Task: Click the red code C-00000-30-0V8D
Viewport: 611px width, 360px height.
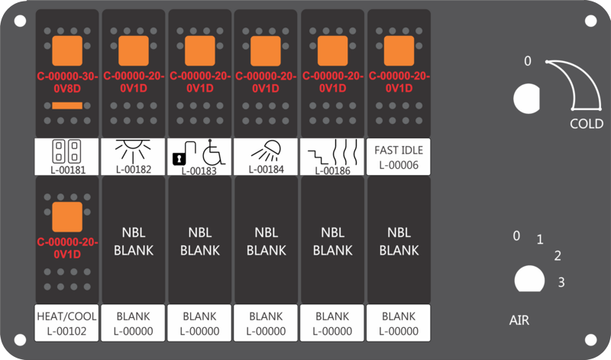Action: coord(67,83)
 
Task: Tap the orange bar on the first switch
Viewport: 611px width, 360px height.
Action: coord(67,105)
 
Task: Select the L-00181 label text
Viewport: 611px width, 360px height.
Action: coord(68,170)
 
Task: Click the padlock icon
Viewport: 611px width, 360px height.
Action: coord(179,158)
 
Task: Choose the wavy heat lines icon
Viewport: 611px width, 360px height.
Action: coord(344,152)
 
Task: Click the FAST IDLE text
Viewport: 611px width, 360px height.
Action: coord(399,150)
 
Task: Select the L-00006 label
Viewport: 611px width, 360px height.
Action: coord(399,165)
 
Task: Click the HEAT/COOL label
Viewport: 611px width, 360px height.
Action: coord(66,316)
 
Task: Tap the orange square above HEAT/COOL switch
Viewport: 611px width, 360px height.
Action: coord(67,217)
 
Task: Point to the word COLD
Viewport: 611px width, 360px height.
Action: coord(587,124)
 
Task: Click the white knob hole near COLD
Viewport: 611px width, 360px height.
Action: coord(527,99)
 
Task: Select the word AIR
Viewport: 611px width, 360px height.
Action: coord(519,320)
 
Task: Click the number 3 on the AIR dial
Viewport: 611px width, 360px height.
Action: coord(561,282)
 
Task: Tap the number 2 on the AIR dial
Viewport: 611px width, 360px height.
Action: coord(558,255)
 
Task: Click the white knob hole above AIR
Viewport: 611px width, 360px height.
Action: coord(529,279)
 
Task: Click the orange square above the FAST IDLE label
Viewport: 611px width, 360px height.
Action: coord(399,50)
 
